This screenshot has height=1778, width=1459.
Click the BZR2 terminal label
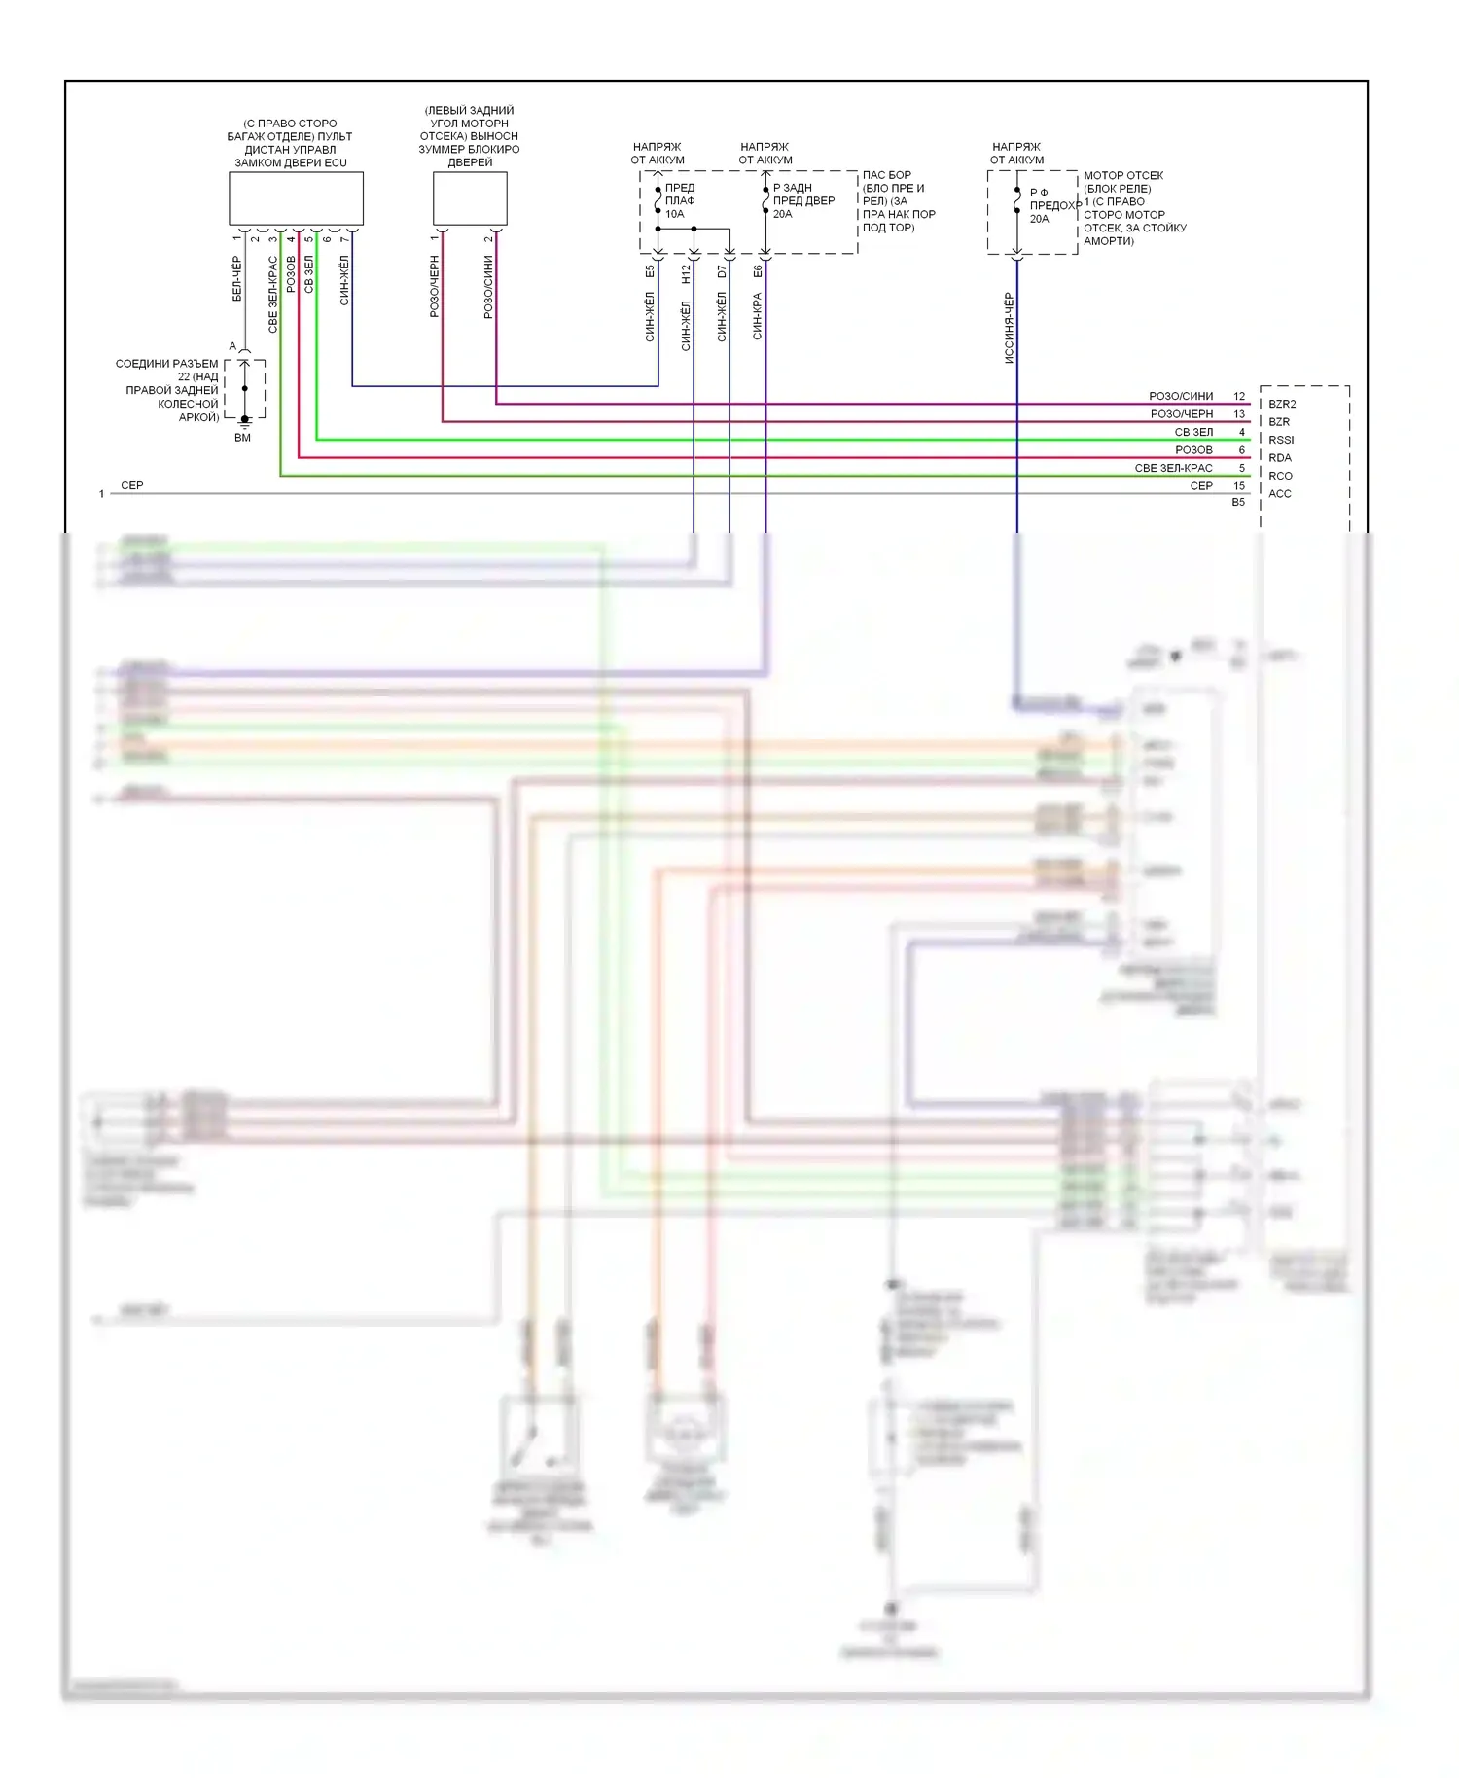point(1282,404)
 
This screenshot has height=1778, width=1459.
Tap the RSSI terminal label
point(1281,440)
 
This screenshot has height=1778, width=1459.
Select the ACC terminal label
point(1280,494)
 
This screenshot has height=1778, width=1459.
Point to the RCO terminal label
point(1280,476)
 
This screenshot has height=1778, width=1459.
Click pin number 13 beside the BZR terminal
point(1239,414)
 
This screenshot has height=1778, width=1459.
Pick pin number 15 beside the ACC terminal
point(1239,486)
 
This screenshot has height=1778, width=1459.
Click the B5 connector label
point(1238,503)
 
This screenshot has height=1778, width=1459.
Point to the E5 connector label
point(650,272)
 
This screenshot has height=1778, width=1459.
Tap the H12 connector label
point(686,274)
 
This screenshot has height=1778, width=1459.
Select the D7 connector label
point(722,272)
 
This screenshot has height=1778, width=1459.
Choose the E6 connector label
point(758,272)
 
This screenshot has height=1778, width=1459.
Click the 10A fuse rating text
point(675,214)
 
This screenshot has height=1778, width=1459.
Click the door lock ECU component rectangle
point(296,198)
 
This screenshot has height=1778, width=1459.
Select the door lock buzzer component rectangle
point(470,198)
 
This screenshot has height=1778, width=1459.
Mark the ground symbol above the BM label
point(245,421)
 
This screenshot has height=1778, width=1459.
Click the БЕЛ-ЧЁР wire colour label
point(237,279)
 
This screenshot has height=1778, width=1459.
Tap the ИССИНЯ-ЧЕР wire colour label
point(1009,329)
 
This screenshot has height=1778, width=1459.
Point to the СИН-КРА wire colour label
point(758,316)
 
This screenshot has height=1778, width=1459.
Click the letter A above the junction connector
point(232,346)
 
